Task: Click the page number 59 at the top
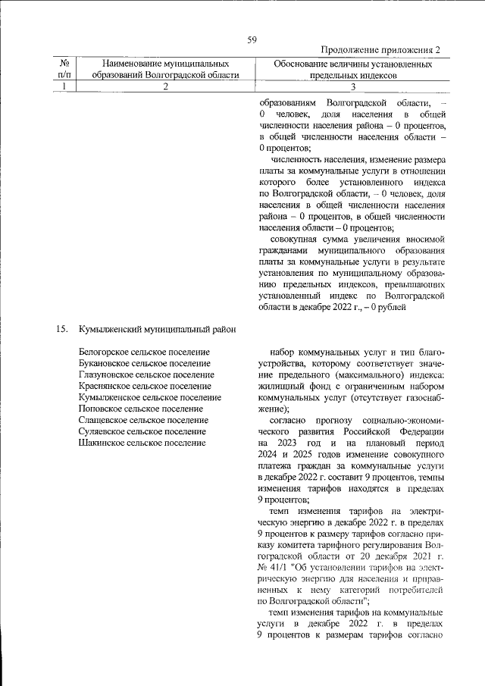coord(252,39)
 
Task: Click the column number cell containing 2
coord(165,87)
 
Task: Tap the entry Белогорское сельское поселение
coord(144,352)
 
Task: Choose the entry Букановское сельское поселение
coord(144,364)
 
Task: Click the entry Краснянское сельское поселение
coord(144,387)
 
